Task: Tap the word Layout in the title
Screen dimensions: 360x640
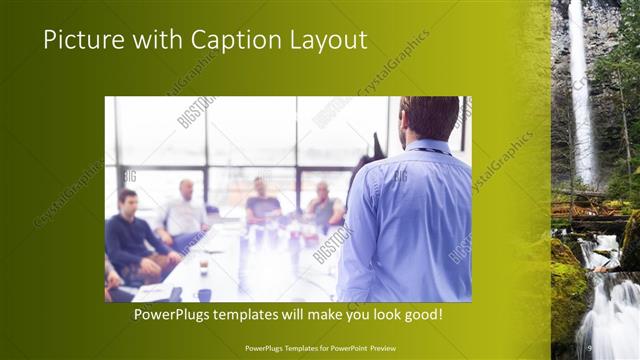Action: click(x=330, y=40)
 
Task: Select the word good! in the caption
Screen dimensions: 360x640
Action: click(x=420, y=314)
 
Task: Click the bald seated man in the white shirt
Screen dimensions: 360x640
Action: click(x=184, y=212)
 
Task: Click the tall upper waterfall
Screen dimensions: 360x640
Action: click(x=579, y=90)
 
